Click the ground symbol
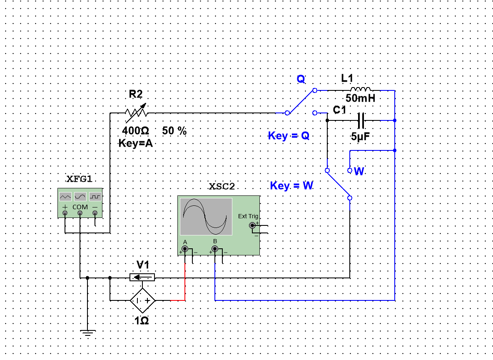pos(87,333)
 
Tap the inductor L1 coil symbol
pos(360,89)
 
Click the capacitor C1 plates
pos(361,120)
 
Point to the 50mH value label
pos(360,98)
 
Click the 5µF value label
pos(360,137)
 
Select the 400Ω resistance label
pos(135,130)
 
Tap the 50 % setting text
pos(174,130)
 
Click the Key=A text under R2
pos(135,143)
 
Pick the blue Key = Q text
pos(289,136)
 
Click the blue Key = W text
pos(291,185)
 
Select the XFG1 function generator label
pos(79,179)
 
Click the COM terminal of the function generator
pos(80,213)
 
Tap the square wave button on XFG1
pos(95,197)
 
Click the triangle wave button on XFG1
pos(65,197)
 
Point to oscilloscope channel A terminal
pos(185,249)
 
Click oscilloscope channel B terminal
pos(215,249)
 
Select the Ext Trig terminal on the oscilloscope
pos(252,225)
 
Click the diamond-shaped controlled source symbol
pos(143,300)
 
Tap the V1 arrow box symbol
pos(142,277)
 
